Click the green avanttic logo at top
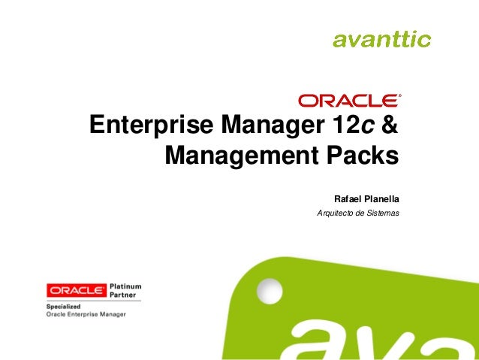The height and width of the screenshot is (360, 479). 381,38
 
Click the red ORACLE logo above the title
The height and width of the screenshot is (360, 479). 348,100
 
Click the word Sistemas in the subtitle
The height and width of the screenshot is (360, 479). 381,214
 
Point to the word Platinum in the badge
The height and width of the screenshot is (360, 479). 125,286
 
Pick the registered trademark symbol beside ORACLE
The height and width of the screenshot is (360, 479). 401,96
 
